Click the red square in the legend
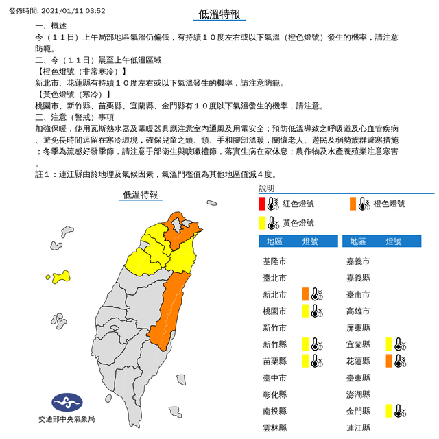(262, 204)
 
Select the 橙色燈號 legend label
(388, 204)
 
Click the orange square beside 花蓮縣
(388, 361)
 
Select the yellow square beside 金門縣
(388, 411)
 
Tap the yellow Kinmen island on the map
(61, 276)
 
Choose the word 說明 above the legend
(266, 188)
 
